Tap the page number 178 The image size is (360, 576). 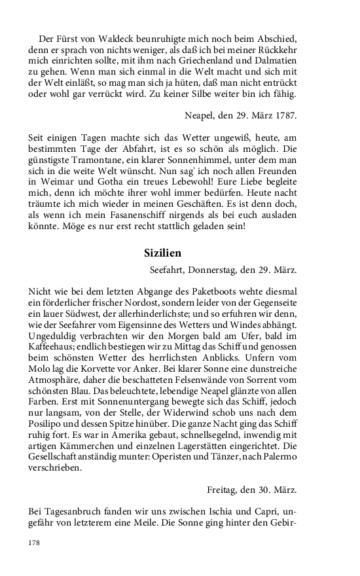click(x=35, y=543)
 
